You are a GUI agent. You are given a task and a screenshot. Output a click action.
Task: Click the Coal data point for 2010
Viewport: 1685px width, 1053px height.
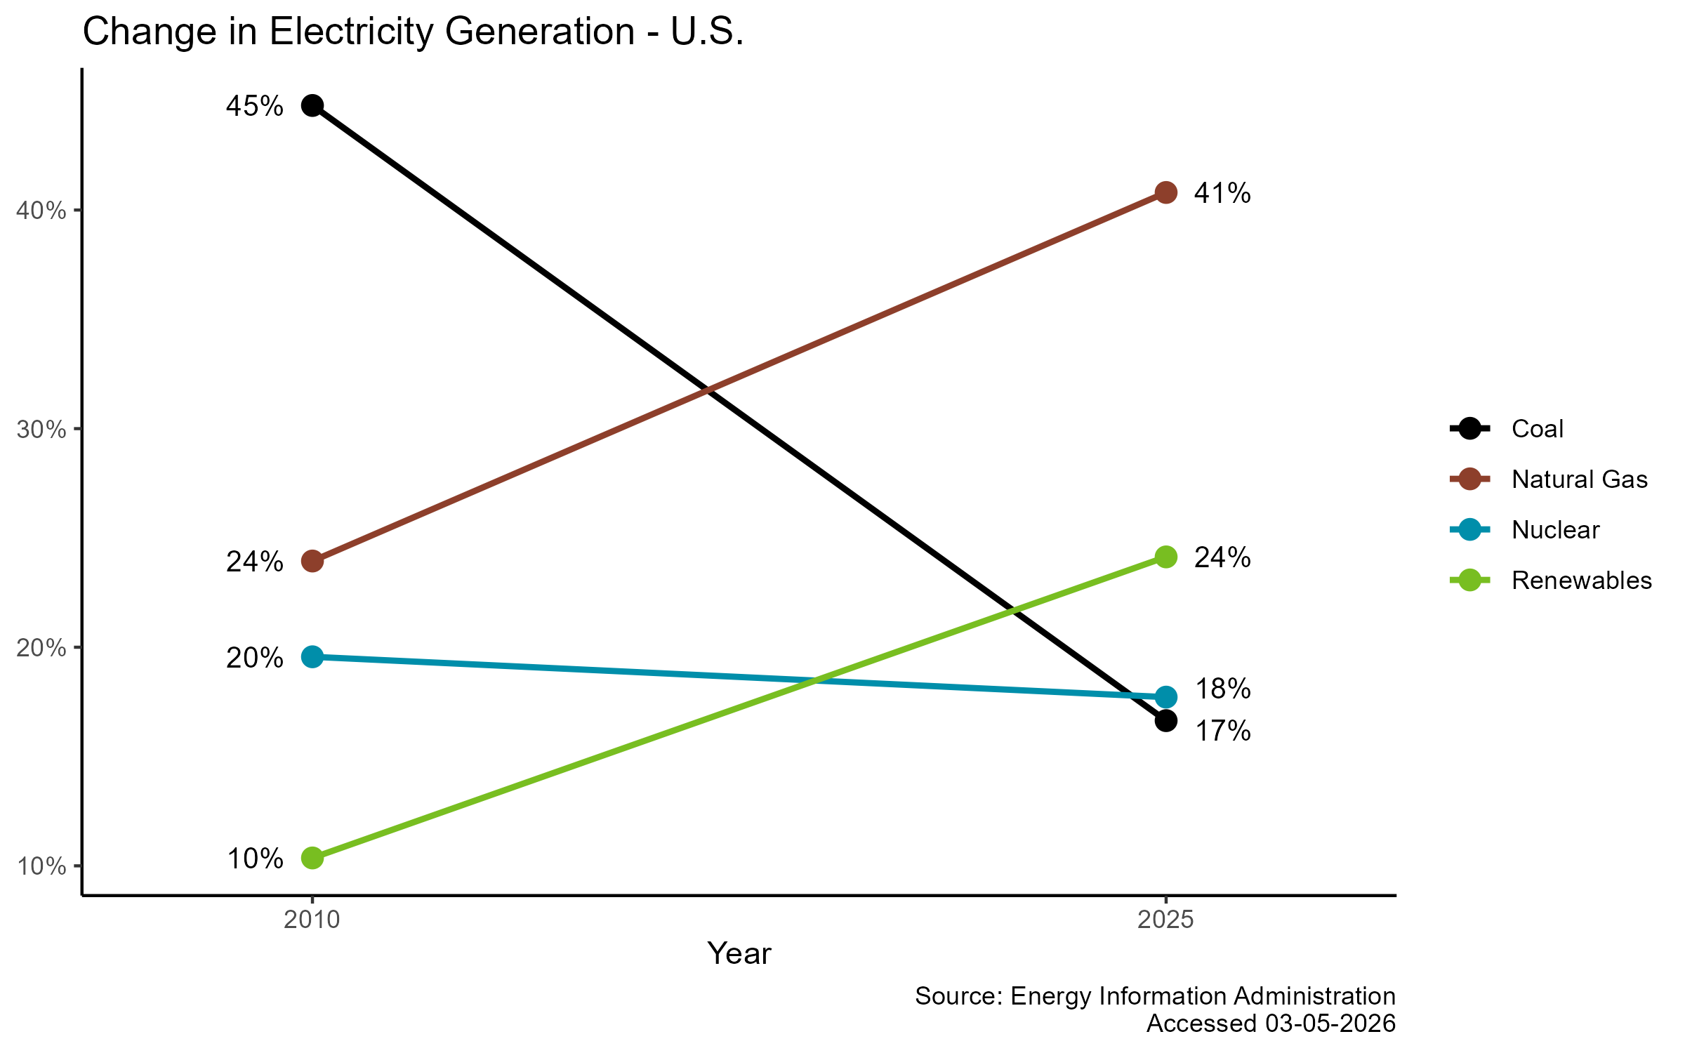pyautogui.click(x=312, y=105)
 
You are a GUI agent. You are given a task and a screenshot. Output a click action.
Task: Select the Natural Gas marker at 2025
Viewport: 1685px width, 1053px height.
pyautogui.click(x=1165, y=192)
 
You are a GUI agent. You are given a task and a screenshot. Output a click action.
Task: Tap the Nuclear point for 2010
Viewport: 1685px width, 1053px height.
pyautogui.click(x=312, y=657)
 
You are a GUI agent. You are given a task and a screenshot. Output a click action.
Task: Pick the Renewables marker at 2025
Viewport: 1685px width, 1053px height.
pyautogui.click(x=1165, y=557)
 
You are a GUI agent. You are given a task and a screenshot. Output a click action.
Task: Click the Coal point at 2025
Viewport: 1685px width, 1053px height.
pyautogui.click(x=1165, y=720)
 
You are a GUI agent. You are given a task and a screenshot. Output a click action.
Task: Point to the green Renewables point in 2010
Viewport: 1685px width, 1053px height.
pyautogui.click(x=312, y=858)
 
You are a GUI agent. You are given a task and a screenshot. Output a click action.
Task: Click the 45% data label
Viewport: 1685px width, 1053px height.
pyautogui.click(x=254, y=107)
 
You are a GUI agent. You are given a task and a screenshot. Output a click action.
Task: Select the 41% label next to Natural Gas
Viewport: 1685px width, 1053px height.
pyautogui.click(x=1222, y=193)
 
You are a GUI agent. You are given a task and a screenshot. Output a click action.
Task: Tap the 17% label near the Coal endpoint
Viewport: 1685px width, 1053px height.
pyautogui.click(x=1222, y=732)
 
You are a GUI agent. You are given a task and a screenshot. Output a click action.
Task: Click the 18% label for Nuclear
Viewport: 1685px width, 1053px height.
pyautogui.click(x=1222, y=689)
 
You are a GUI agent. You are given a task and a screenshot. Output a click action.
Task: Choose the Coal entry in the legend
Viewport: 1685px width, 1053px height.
pyautogui.click(x=1537, y=429)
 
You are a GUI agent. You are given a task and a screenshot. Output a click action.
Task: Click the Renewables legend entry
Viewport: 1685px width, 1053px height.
pyautogui.click(x=1581, y=581)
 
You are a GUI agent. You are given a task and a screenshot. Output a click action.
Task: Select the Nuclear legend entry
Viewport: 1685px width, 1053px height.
pyautogui.click(x=1555, y=530)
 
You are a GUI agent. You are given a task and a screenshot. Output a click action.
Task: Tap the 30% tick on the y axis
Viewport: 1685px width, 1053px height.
pyautogui.click(x=41, y=430)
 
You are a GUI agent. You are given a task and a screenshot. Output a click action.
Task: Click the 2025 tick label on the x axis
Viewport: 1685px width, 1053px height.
pyautogui.click(x=1165, y=920)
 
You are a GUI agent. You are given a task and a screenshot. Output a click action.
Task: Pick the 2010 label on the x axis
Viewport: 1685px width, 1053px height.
pyautogui.click(x=312, y=920)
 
